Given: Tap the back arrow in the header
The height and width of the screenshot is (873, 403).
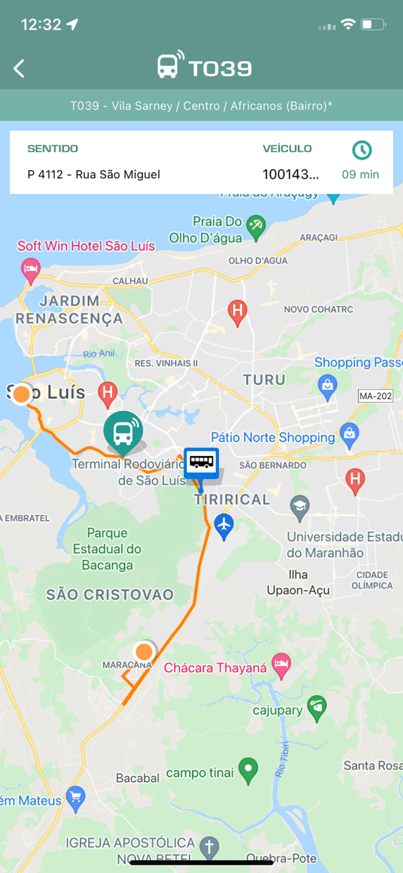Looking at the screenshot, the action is pos(19,69).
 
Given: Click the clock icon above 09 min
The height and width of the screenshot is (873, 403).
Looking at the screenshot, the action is pos(362,150).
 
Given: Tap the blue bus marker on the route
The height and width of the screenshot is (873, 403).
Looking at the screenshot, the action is pos(201,463).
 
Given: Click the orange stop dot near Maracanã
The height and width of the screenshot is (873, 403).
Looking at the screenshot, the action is pos(144,651).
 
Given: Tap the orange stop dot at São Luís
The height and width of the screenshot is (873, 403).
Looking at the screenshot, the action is pos(22,394).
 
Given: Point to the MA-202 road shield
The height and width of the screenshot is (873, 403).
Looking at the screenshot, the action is pos(376,396).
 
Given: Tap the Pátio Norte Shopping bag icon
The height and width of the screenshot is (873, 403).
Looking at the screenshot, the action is pos(349,434).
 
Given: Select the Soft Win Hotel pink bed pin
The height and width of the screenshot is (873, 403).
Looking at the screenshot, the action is pos(31,269).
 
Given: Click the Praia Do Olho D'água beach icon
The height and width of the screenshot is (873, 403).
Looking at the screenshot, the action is pos(256,225).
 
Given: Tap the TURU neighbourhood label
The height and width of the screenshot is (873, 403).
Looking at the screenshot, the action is pos(264,380).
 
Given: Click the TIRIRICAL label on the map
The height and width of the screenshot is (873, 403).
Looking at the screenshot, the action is pos(232,499).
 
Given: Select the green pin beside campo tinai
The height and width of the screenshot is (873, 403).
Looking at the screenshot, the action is pos(248,769).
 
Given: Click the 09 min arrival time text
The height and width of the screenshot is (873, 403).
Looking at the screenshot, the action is pos(361,175).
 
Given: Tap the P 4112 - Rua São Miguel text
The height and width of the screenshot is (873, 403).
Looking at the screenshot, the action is pos(94,175).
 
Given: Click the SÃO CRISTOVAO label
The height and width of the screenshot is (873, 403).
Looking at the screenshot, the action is pos(110,594).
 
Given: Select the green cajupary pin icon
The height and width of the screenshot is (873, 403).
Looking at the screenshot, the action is pos(317,707).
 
